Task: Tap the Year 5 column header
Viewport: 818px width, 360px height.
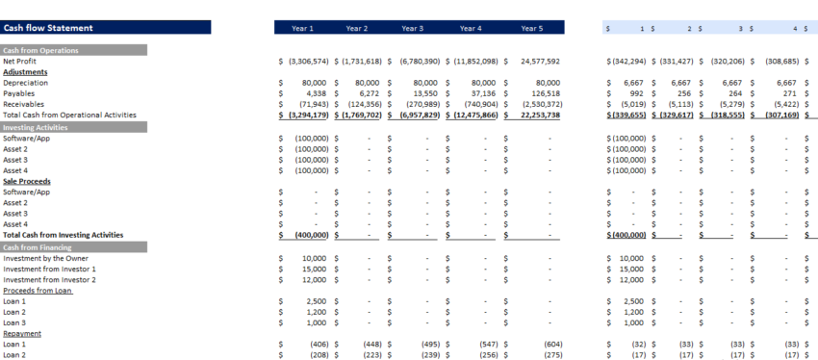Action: coord(532,29)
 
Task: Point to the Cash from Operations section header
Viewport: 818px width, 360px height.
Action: coord(41,50)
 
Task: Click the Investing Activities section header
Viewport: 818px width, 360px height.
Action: coord(37,127)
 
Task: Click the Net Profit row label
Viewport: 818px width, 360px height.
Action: coord(20,61)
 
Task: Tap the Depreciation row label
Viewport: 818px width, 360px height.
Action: coord(26,83)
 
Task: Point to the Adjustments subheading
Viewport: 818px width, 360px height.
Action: coord(25,71)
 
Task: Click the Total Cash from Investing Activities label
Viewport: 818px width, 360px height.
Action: coord(63,234)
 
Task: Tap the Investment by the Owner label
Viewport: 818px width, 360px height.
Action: coord(47,258)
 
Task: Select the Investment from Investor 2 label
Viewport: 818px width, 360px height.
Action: coord(50,279)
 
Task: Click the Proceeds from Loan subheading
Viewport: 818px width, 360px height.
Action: coord(38,290)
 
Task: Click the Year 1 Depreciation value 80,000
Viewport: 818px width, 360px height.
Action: coord(314,83)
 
